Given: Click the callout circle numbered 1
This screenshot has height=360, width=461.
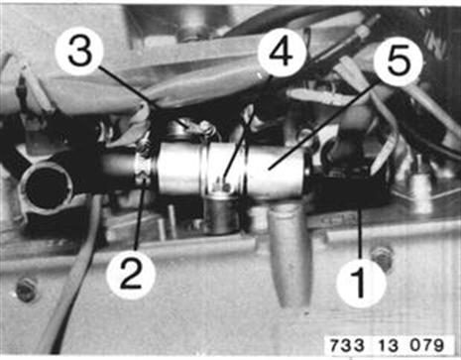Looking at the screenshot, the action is [x=361, y=282].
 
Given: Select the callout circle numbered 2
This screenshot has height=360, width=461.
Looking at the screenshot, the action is [x=131, y=274].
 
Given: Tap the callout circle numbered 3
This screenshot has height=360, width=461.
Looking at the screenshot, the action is [x=79, y=52].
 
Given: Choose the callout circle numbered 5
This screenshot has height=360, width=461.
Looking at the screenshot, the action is [x=398, y=61].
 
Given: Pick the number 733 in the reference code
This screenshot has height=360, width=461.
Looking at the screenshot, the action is [x=347, y=345].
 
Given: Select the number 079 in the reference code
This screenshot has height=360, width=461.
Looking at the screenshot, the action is [x=426, y=345].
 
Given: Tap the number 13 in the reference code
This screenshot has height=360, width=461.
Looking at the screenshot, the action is [x=388, y=345].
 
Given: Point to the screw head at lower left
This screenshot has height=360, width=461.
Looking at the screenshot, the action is [x=26, y=290].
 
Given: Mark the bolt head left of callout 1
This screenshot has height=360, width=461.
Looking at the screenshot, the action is [x=383, y=257].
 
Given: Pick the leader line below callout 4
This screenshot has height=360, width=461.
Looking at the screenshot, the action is [x=247, y=127].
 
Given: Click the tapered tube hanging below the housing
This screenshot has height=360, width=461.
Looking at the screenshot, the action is [x=289, y=255].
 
